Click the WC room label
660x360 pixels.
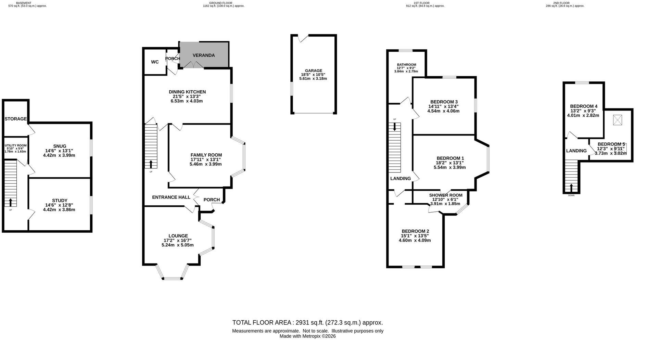tap(155, 62)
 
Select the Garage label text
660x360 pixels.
tap(314, 71)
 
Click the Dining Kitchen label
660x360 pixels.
tap(187, 92)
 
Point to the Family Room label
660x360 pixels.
tap(206, 155)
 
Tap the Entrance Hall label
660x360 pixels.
tap(171, 197)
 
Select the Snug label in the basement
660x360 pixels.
tap(60, 146)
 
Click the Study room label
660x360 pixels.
tap(60, 201)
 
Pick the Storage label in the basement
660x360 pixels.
tap(15, 119)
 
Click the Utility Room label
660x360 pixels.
tap(15, 145)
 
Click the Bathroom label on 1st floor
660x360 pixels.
tap(406, 65)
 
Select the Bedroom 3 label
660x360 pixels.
tap(444, 102)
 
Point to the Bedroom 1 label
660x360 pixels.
tap(450, 158)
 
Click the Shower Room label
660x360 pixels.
tap(446, 195)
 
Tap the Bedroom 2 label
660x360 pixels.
tap(415, 231)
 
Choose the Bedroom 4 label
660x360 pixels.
tap(584, 106)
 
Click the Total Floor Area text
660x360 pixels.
tap(307, 322)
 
